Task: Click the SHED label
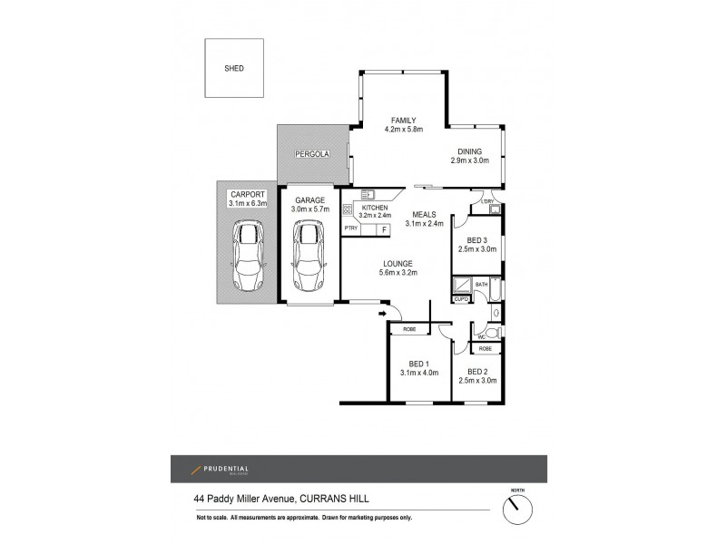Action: point(233,68)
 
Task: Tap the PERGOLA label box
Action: point(311,156)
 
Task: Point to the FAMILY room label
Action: point(403,121)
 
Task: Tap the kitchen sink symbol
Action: point(368,194)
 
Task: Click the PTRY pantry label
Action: point(350,230)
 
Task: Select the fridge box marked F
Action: point(384,230)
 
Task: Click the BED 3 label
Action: point(478,239)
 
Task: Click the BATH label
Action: point(480,285)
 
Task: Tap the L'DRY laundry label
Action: point(488,201)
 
